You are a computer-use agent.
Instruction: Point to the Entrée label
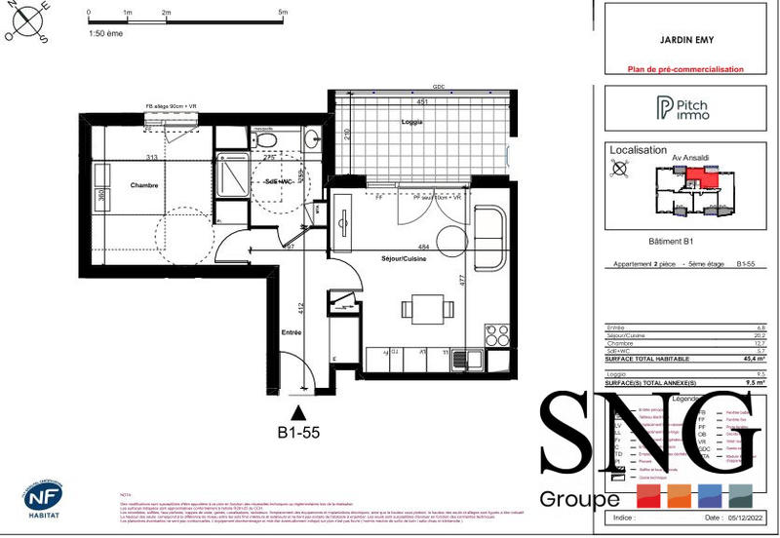[x=291, y=333]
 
